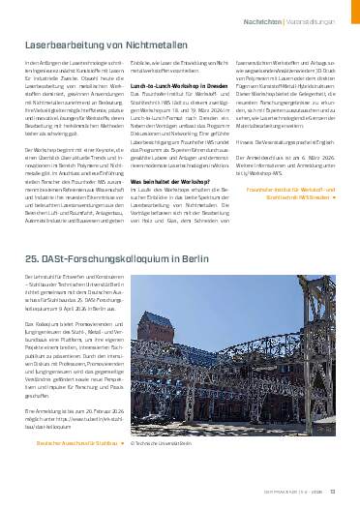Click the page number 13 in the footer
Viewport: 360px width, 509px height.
click(331, 491)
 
